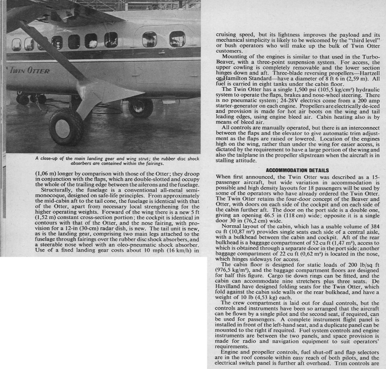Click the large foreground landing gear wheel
point(66,127)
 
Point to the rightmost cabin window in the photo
point(177,39)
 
